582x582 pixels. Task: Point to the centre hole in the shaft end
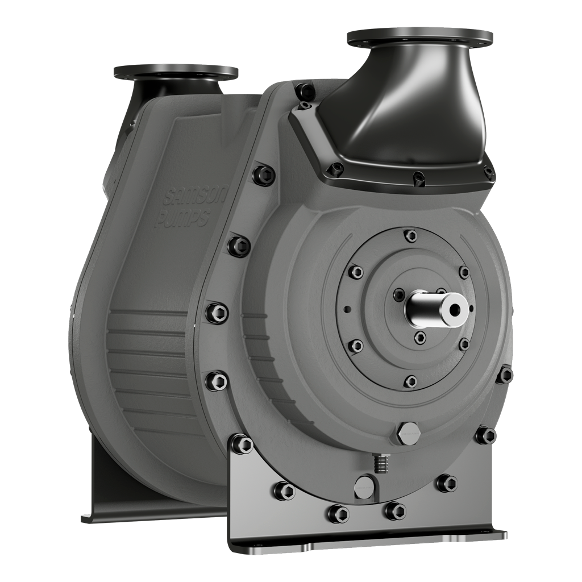tap(454, 309)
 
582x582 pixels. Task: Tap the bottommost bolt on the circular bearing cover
tap(410, 381)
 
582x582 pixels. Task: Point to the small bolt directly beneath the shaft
tap(419, 338)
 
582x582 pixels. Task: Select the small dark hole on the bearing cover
tap(346, 310)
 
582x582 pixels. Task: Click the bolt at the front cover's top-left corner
tap(305, 90)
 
